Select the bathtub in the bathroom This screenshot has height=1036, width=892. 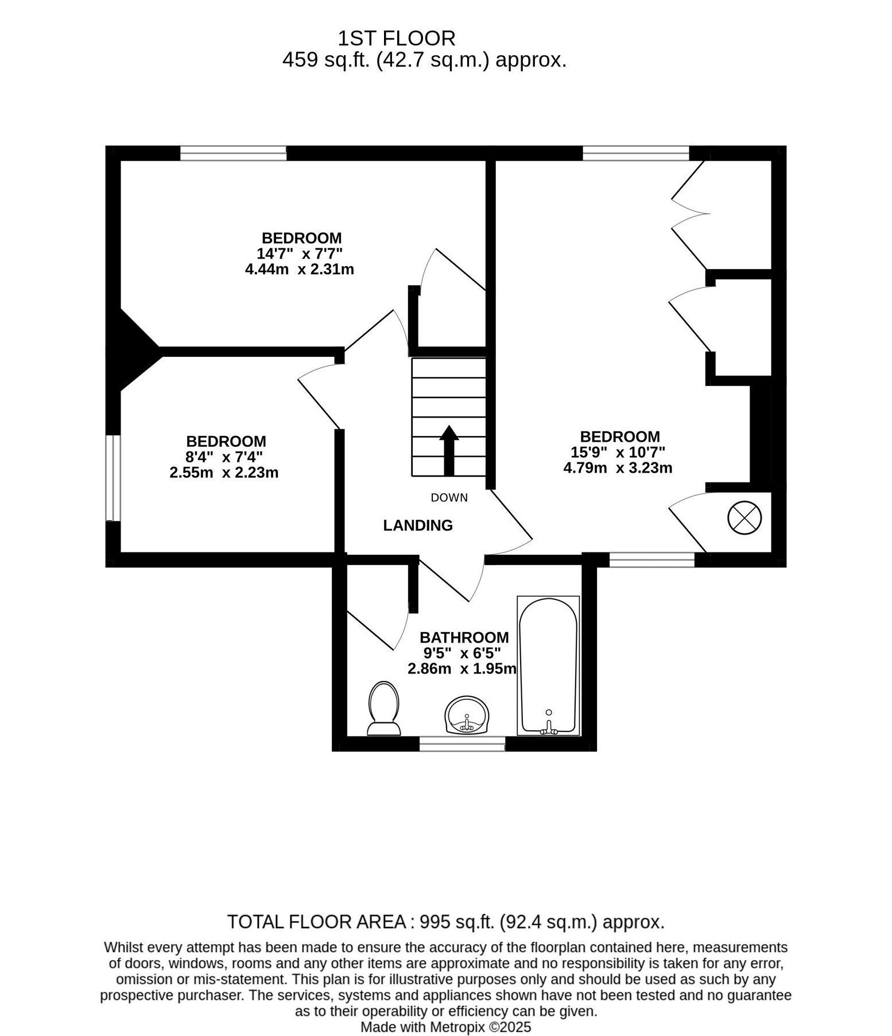[x=548, y=665]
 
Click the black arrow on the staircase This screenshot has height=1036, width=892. [x=448, y=450]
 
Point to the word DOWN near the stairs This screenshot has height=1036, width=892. [x=449, y=498]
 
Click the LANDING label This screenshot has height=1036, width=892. [x=418, y=525]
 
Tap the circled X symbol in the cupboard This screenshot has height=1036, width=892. [x=744, y=519]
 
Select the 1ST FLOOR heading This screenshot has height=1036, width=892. [x=397, y=38]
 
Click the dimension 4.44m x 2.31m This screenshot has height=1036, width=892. [x=300, y=269]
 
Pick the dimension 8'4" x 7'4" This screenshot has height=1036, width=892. [x=224, y=457]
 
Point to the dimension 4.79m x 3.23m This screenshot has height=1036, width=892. [x=618, y=468]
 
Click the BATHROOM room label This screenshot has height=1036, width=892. [x=464, y=637]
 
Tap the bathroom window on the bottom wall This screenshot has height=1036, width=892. [x=462, y=744]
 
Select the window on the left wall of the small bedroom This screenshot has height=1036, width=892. [x=113, y=478]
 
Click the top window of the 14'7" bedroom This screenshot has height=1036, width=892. [x=233, y=153]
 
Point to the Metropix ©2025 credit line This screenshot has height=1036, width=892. [x=445, y=1027]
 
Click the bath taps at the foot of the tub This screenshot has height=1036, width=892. [x=549, y=727]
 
